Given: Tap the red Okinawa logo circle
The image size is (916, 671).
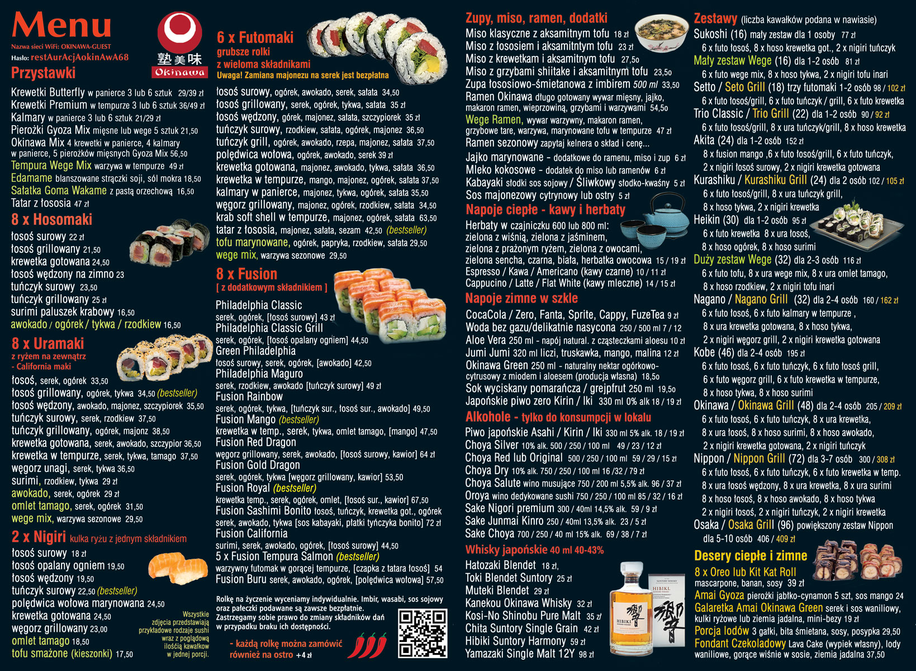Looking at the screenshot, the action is click(180, 32).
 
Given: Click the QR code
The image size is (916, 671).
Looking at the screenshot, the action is click(423, 634).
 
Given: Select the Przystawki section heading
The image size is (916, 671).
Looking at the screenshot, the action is click(44, 73).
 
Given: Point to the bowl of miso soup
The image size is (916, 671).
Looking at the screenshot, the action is click(661, 32).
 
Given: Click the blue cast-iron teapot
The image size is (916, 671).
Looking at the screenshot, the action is click(665, 214).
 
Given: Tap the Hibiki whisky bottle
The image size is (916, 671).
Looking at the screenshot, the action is click(630, 609).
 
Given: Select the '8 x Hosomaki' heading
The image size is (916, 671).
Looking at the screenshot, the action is click(51, 220).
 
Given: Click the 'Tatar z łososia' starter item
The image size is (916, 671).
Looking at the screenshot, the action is click(41, 203).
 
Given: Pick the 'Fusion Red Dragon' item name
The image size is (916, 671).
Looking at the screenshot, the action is click(255, 442).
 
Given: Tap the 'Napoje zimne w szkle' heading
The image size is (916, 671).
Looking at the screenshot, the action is click(521, 298).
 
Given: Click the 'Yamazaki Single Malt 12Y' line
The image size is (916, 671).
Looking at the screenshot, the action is click(520, 654).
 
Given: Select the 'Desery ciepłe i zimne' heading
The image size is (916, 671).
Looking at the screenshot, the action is click(751, 556).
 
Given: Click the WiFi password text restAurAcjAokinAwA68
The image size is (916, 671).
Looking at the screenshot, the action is click(80, 57).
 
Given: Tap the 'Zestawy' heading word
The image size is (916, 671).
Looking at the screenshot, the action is click(715, 18).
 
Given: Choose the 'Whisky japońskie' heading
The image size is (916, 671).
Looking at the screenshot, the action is click(506, 550).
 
